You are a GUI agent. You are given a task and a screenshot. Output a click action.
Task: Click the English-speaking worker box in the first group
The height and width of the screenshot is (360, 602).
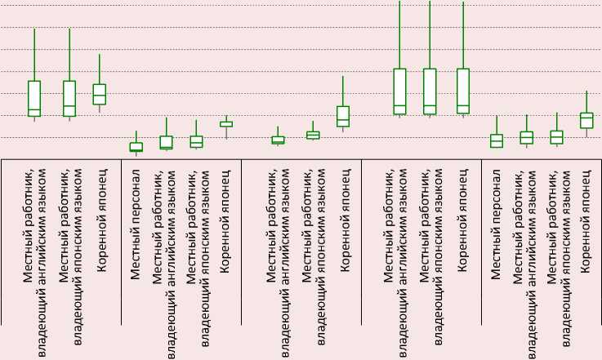(34, 98)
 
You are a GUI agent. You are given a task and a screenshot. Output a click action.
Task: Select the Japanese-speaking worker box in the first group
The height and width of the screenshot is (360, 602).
(69, 98)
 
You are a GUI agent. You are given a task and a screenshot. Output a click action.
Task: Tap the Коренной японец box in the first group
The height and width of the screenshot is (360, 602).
(100, 94)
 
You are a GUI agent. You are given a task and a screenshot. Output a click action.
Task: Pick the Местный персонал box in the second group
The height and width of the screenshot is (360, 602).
(136, 147)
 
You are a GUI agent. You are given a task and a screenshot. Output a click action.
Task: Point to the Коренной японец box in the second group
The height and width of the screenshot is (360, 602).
(226, 124)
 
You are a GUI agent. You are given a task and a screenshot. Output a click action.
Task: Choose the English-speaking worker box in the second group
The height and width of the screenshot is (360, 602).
(167, 142)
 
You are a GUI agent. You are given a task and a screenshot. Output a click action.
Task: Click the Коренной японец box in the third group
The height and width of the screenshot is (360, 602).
(343, 116)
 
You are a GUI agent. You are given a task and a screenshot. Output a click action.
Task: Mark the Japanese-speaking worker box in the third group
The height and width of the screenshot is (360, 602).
(313, 135)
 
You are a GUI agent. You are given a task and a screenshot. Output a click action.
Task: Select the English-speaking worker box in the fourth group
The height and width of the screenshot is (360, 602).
(399, 91)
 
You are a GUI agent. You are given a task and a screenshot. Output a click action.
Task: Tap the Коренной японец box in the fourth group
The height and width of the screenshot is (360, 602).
(463, 91)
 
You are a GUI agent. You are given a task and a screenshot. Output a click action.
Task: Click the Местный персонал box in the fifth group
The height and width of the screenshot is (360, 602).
(497, 140)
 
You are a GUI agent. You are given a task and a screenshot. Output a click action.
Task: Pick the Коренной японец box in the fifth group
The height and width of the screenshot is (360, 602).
(586, 120)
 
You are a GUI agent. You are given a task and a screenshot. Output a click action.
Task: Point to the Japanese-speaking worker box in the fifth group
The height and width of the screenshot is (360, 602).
(556, 137)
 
